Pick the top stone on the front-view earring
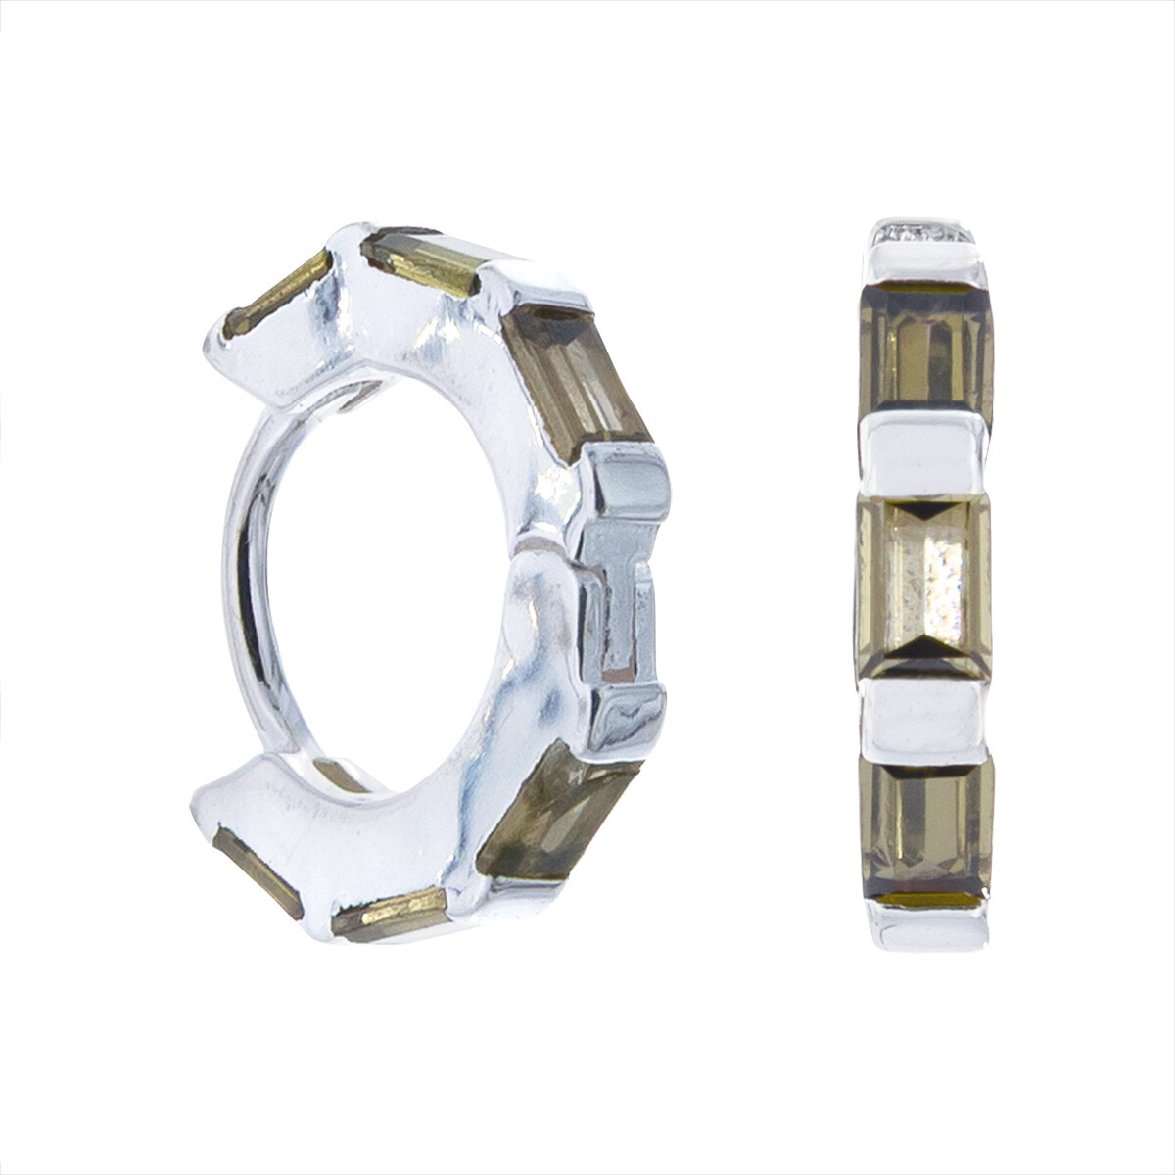[x=925, y=348]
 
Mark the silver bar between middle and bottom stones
[x=921, y=716]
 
